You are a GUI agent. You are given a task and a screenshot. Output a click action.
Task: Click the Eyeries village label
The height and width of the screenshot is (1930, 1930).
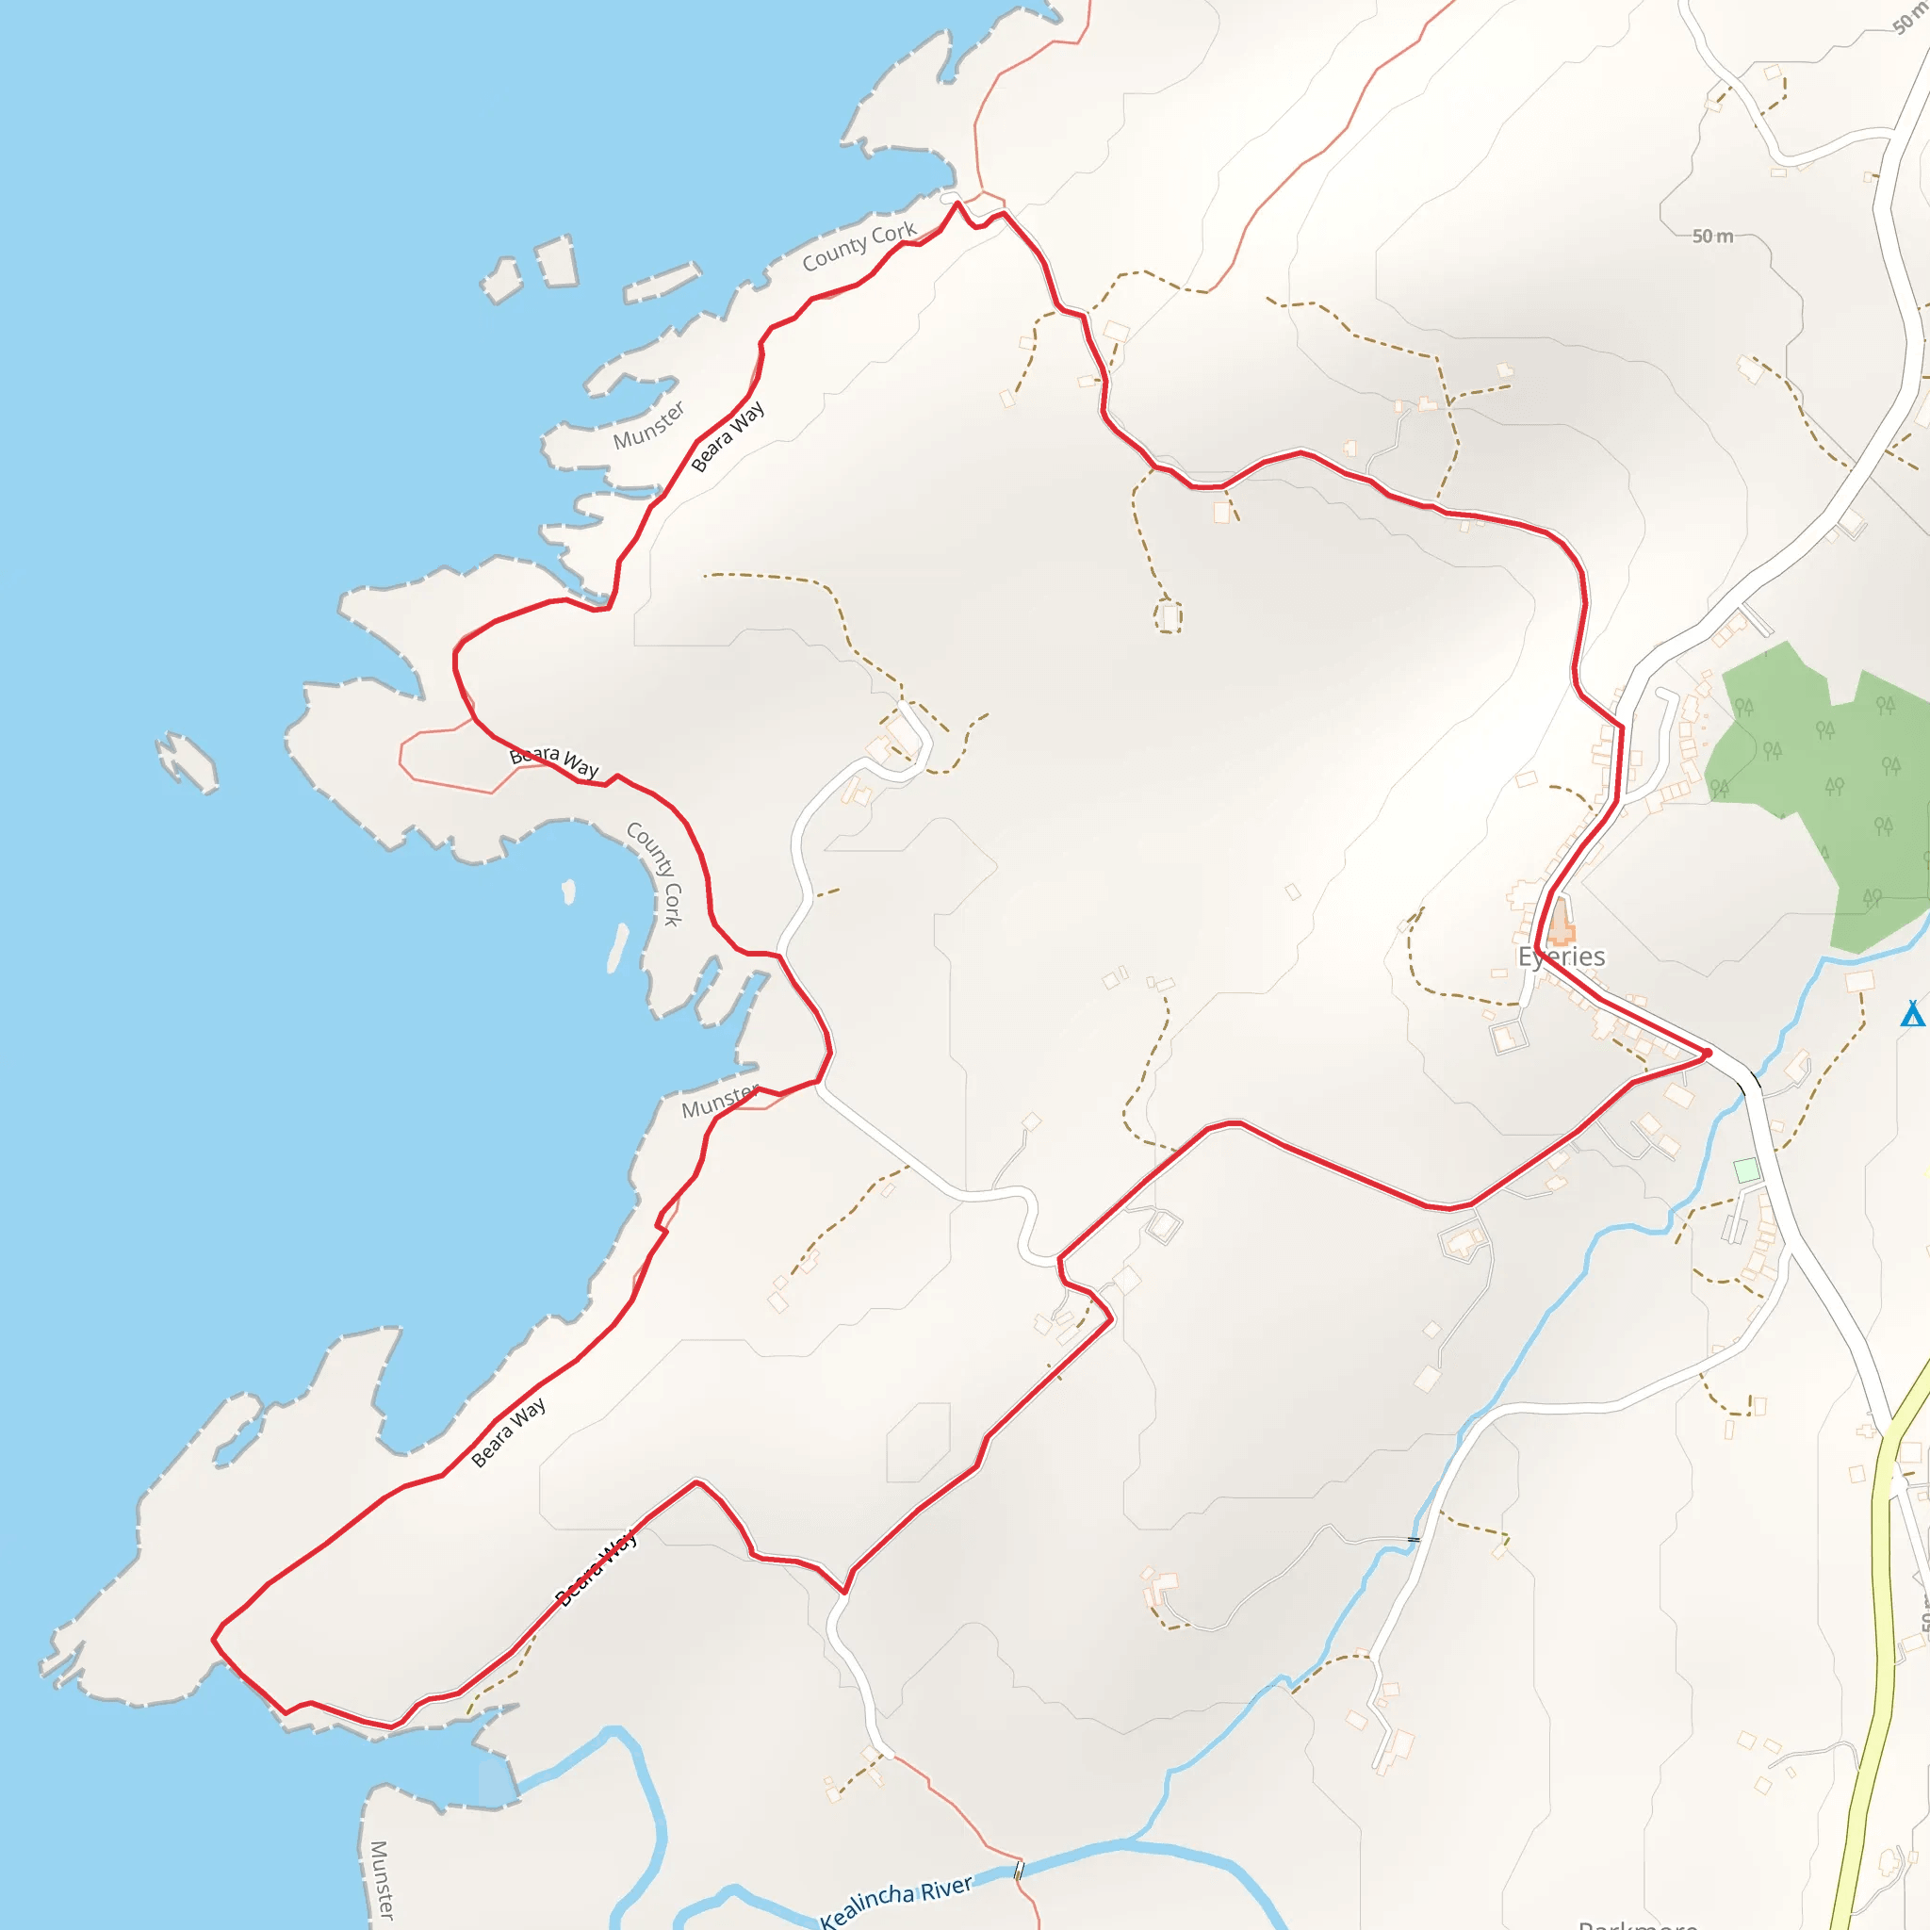click(x=1562, y=957)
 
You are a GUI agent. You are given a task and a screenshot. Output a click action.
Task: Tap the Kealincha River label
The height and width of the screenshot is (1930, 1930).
click(x=895, y=1901)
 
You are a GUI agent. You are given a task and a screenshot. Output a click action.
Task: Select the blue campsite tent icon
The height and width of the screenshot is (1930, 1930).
click(x=1912, y=1013)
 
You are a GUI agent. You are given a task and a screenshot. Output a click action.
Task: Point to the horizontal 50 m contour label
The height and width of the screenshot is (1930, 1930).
click(x=1712, y=236)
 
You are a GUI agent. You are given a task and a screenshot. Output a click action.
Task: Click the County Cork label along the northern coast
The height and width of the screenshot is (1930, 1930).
click(x=859, y=246)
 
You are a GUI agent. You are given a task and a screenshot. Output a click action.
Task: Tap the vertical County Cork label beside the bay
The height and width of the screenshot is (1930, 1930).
click(x=654, y=873)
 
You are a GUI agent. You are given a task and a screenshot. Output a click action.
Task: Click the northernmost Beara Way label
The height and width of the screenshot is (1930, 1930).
click(x=728, y=435)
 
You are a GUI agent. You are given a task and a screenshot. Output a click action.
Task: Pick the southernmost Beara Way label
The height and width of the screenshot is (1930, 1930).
click(x=597, y=1567)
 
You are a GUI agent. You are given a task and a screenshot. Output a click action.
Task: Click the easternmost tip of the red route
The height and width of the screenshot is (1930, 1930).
click(x=1709, y=1053)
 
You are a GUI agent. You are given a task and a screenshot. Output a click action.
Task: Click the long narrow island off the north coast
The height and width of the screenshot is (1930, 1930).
click(x=662, y=282)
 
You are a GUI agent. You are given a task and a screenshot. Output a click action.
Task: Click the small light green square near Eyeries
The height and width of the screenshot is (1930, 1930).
click(x=1746, y=1169)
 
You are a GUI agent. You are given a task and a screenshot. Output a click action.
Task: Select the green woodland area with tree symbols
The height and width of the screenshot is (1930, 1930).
click(x=1818, y=779)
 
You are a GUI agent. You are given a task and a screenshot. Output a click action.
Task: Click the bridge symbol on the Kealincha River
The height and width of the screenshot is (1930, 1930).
click(x=1019, y=1870)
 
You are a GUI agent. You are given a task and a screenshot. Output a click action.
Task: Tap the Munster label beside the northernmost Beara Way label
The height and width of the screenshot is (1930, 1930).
click(x=649, y=426)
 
